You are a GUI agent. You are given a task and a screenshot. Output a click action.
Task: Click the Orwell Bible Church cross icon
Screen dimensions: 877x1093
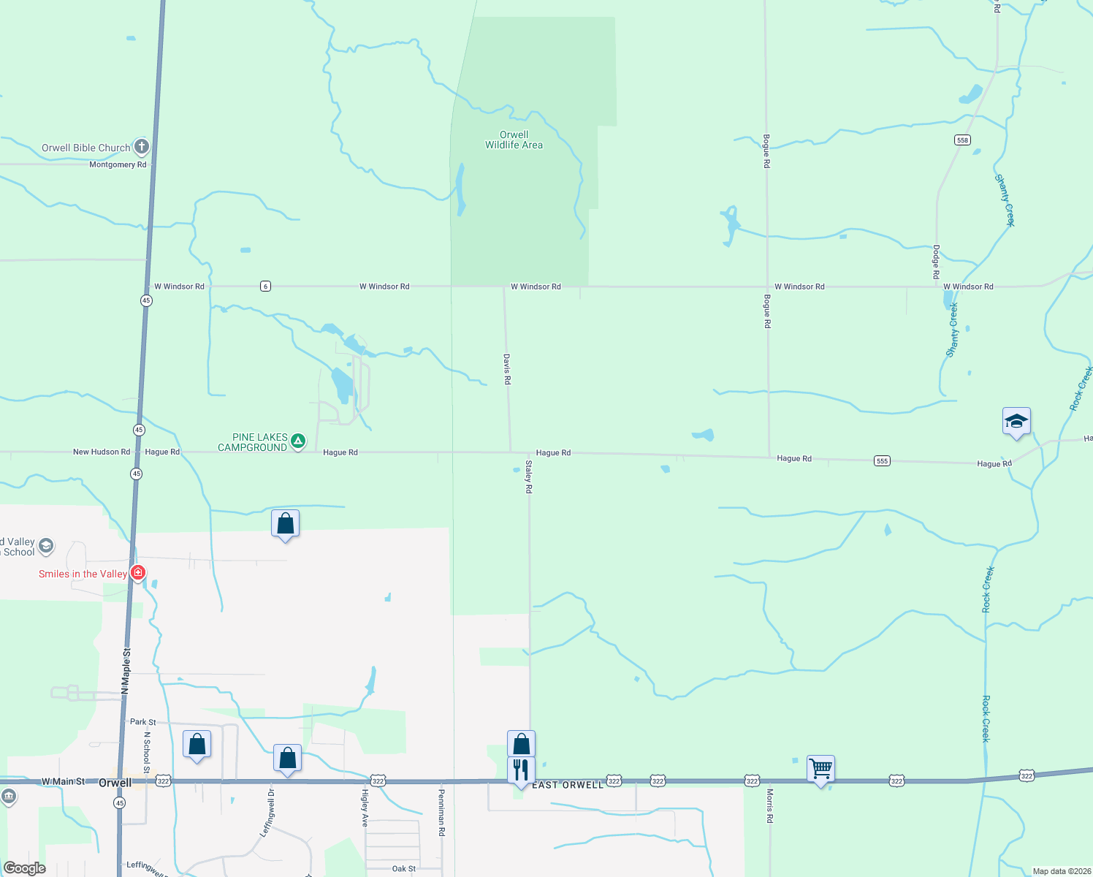[x=142, y=147]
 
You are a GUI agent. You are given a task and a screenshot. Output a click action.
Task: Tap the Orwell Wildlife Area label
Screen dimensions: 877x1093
[x=514, y=140]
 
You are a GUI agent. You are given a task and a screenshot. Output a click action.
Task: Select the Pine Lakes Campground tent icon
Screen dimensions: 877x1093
[x=298, y=441]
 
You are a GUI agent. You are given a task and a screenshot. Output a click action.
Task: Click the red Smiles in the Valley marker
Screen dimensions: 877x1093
[x=137, y=572]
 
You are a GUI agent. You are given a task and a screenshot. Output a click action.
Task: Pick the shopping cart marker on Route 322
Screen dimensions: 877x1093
[x=820, y=769]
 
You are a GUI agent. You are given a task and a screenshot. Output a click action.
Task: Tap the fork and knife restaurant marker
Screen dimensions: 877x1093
[x=521, y=770]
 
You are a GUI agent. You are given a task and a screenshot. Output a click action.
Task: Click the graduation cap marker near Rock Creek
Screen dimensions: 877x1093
[x=1016, y=422]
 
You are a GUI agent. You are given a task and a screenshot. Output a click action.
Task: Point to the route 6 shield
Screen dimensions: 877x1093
[x=265, y=286]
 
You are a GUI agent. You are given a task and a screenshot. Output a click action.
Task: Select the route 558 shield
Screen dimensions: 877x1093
[x=962, y=140]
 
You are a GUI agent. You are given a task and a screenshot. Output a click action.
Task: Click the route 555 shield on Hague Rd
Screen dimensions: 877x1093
[x=882, y=460]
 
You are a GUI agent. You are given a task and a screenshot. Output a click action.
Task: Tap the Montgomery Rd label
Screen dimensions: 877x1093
[x=118, y=164]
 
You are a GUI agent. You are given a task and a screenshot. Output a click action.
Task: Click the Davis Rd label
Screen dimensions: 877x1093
[x=507, y=369]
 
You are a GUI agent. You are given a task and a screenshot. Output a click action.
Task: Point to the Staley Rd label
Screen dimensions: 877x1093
[x=529, y=477]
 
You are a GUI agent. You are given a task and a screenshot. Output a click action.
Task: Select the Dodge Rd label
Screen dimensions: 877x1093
[x=936, y=262]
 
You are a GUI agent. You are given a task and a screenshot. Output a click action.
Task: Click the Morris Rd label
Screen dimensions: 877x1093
[x=769, y=805]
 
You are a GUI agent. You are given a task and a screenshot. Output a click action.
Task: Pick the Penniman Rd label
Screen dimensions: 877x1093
[x=441, y=812]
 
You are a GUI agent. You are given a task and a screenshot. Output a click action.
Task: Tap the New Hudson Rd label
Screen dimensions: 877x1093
[x=102, y=452]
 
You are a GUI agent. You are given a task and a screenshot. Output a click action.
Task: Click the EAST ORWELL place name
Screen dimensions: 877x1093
[x=568, y=785]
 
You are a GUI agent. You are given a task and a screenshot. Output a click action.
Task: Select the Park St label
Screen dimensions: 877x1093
[x=142, y=721]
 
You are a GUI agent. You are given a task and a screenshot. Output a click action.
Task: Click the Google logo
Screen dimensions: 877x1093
[x=25, y=868]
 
